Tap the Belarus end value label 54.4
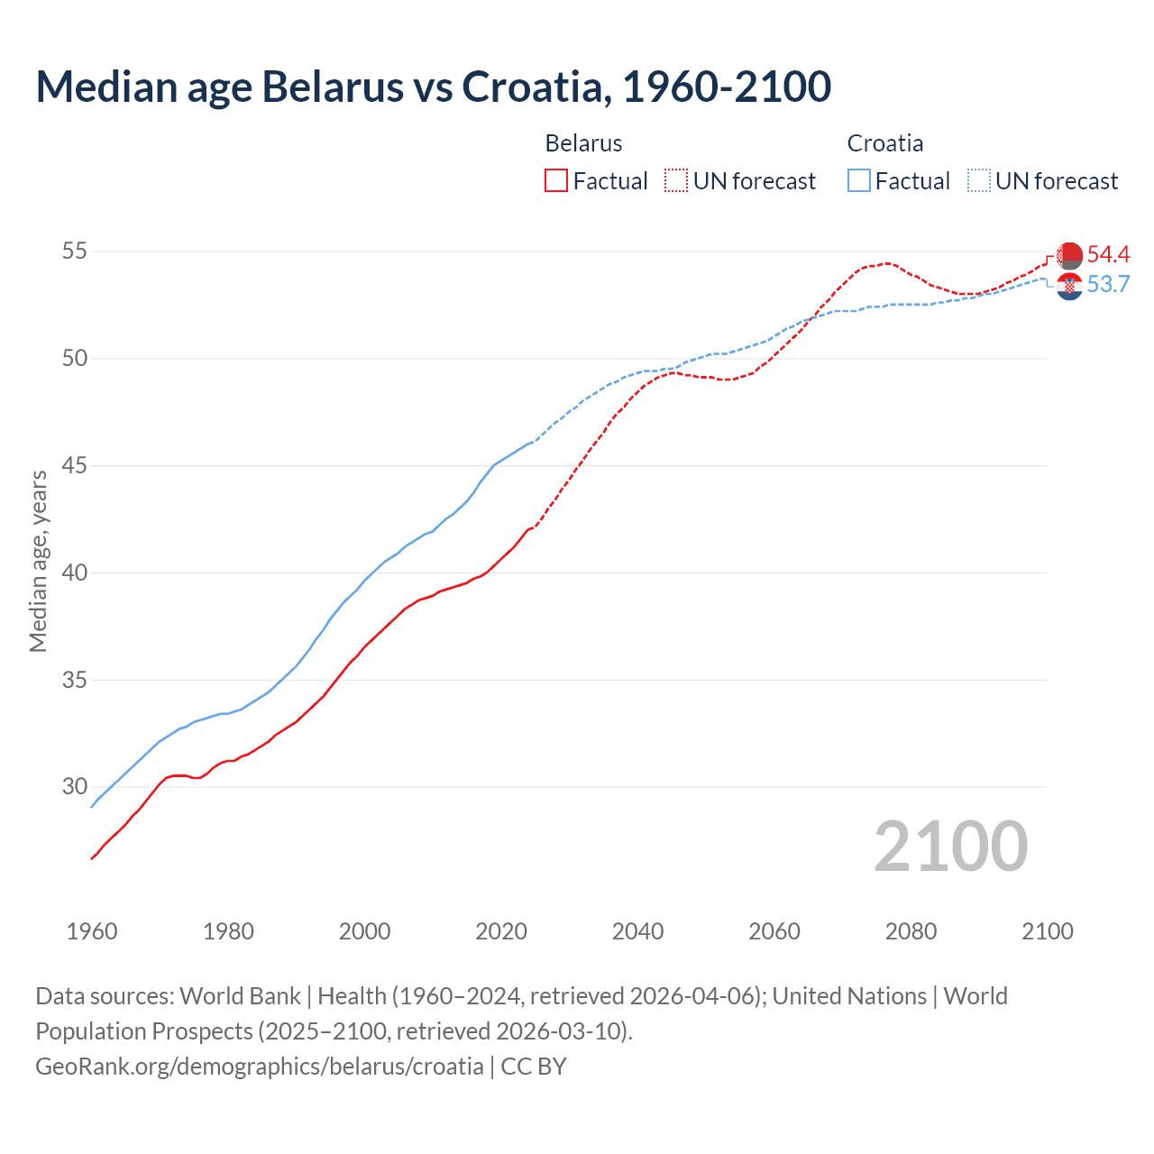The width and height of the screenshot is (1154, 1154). (x=1108, y=255)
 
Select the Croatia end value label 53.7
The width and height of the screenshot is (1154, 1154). (x=1108, y=285)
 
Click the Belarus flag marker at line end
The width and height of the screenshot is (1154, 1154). (x=1069, y=255)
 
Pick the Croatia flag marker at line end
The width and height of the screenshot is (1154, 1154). (x=1069, y=287)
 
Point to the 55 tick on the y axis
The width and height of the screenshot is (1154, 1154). (x=75, y=252)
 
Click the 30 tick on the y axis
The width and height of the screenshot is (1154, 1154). (x=75, y=787)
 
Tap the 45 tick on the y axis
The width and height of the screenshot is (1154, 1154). (x=75, y=466)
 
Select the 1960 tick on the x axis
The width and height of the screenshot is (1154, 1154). (x=92, y=931)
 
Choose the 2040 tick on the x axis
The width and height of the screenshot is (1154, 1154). (x=638, y=931)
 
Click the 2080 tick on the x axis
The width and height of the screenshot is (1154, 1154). (x=911, y=931)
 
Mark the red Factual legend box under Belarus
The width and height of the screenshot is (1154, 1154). (x=556, y=181)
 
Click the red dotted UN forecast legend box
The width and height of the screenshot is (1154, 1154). (x=676, y=181)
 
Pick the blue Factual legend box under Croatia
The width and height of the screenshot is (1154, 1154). (x=859, y=181)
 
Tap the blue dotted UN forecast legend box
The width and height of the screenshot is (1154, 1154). (x=979, y=181)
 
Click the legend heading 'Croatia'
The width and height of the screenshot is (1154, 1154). (x=884, y=143)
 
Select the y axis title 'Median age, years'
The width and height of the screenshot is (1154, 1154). (x=39, y=561)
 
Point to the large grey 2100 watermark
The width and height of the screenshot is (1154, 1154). (x=950, y=847)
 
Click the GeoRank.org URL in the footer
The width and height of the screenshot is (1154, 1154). (x=260, y=1067)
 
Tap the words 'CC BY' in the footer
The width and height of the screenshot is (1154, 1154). (x=534, y=1067)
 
